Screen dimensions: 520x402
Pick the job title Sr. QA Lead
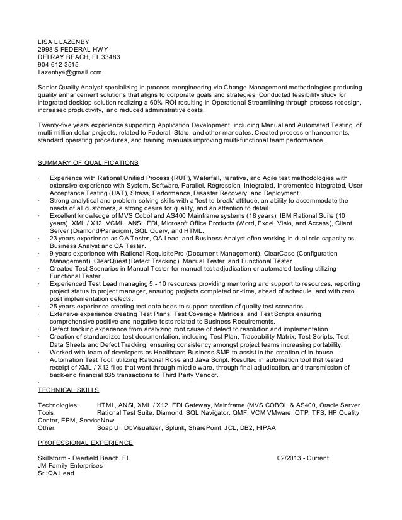click(x=56, y=473)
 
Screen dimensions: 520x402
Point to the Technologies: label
click(x=59, y=407)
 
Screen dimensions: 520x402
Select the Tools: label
click(x=49, y=415)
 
